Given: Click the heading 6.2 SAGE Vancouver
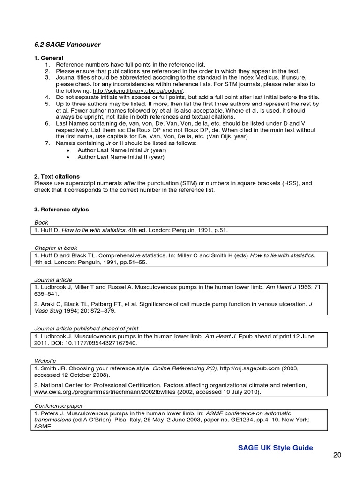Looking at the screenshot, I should [67, 45].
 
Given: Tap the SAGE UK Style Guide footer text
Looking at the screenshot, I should [275, 448].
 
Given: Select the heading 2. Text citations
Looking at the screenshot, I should [57, 176].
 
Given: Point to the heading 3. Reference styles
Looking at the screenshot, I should [61, 209].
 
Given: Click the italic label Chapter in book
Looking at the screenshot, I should [56, 247].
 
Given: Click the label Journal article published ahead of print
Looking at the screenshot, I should [86, 329].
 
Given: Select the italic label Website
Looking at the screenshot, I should [45, 360].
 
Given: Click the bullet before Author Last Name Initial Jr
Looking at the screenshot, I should [68, 150].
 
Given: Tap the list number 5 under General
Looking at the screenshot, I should [47, 104].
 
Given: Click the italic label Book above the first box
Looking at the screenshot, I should [41, 222].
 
